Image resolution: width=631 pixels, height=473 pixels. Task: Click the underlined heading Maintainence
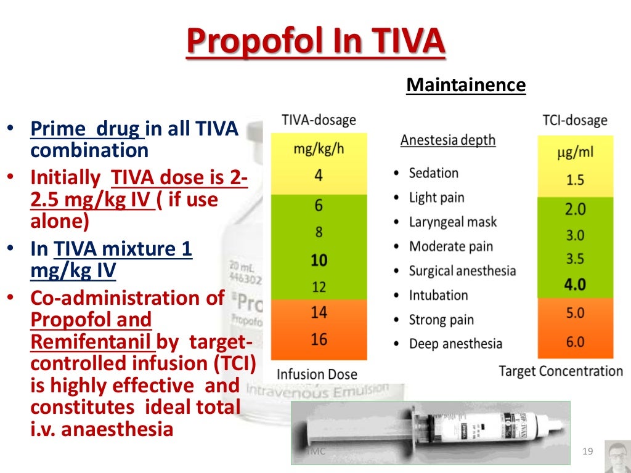pos(466,85)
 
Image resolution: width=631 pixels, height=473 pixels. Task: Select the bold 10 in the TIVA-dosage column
pos(319,260)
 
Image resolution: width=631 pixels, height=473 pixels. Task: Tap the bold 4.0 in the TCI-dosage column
pos(575,285)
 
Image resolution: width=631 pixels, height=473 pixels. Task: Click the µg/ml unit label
pos(575,152)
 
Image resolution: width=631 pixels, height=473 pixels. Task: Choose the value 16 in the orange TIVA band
pos(319,339)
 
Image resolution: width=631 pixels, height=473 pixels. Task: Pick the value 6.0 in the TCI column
pos(575,341)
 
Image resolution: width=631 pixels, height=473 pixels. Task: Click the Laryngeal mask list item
pos(452,222)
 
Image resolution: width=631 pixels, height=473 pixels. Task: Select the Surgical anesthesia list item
pos(462,271)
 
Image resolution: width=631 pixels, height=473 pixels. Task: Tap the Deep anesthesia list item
pos(455,344)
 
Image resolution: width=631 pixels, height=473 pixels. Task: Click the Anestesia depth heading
pos(448,140)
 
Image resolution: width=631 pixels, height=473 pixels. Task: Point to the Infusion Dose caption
pos(317,374)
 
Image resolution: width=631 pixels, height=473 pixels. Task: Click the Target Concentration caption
pos(561,371)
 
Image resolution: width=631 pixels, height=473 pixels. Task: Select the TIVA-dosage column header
pos(319,120)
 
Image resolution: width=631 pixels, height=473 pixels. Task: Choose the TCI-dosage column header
pos(575,121)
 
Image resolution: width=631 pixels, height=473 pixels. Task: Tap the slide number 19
pos(587,453)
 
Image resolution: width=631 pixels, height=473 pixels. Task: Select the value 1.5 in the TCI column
pos(575,180)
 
